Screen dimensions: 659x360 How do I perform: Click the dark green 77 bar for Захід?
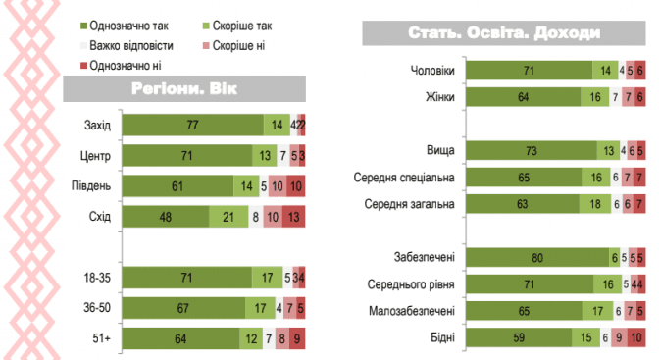coord(193,125)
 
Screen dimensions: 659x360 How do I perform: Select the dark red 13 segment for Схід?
coord(294,217)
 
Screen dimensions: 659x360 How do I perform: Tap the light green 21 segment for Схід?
coord(228,217)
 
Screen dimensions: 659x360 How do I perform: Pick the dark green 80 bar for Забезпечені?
coord(537,257)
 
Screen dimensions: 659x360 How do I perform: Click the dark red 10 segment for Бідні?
coord(636,337)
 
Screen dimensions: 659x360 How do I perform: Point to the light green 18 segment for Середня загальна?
coord(595,204)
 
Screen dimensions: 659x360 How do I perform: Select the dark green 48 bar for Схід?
coord(166,217)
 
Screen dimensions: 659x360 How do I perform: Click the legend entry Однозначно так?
coord(125,26)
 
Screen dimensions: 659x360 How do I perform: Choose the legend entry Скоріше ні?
coord(233,45)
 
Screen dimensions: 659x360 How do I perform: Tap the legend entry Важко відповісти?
coord(127,45)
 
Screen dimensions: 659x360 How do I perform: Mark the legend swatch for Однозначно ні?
coord(83,65)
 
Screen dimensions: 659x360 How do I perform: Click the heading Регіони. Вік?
coord(184,88)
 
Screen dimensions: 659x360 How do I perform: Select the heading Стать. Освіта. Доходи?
coord(504,32)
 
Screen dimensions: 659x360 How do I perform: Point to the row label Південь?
coord(91,186)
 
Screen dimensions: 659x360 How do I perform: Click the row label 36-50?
coord(97,308)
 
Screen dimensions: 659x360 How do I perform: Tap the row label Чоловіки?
coord(432,71)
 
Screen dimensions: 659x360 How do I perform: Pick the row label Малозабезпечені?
coord(412,311)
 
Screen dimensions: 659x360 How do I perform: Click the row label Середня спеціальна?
coord(404,178)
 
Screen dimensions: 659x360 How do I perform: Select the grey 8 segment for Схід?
coord(256,217)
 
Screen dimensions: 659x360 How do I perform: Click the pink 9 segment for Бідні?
coord(619,337)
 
